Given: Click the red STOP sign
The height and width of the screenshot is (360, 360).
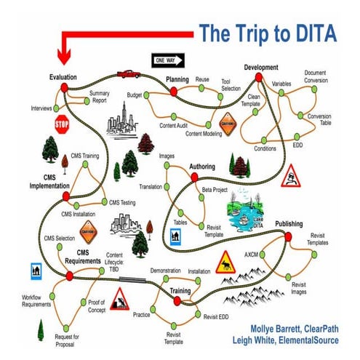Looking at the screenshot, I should point(61,124).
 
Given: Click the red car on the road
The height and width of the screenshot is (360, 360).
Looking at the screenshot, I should point(128,73).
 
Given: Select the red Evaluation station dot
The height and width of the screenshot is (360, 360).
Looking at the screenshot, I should point(65,87).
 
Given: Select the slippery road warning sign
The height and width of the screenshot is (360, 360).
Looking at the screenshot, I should point(292,175).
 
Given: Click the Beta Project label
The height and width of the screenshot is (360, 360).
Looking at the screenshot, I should point(215,189).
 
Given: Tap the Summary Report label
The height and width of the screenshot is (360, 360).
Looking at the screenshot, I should point(99,97).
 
